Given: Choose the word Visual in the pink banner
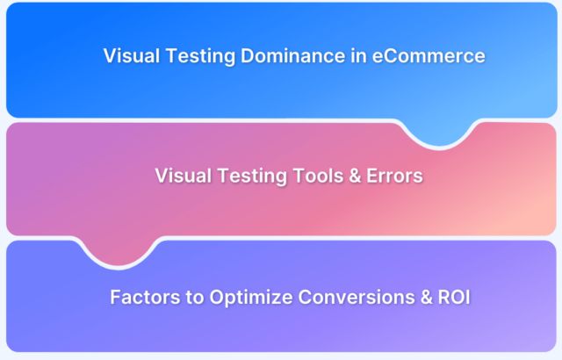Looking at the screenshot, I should [180, 176].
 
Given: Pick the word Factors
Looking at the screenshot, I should [143, 297].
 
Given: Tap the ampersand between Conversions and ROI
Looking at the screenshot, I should [410, 297].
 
